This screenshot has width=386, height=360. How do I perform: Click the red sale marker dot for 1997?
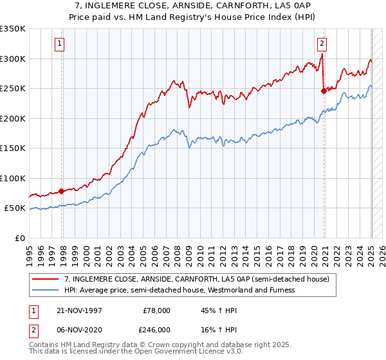(x=62, y=191)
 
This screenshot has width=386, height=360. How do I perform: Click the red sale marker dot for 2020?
(x=324, y=91)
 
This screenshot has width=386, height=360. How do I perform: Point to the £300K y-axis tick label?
(x=12, y=59)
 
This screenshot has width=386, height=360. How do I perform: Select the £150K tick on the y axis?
(x=12, y=148)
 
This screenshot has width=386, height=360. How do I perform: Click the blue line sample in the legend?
(x=45, y=290)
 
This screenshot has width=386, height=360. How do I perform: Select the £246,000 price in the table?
(x=156, y=329)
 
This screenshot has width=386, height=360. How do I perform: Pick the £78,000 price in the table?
(x=156, y=310)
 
